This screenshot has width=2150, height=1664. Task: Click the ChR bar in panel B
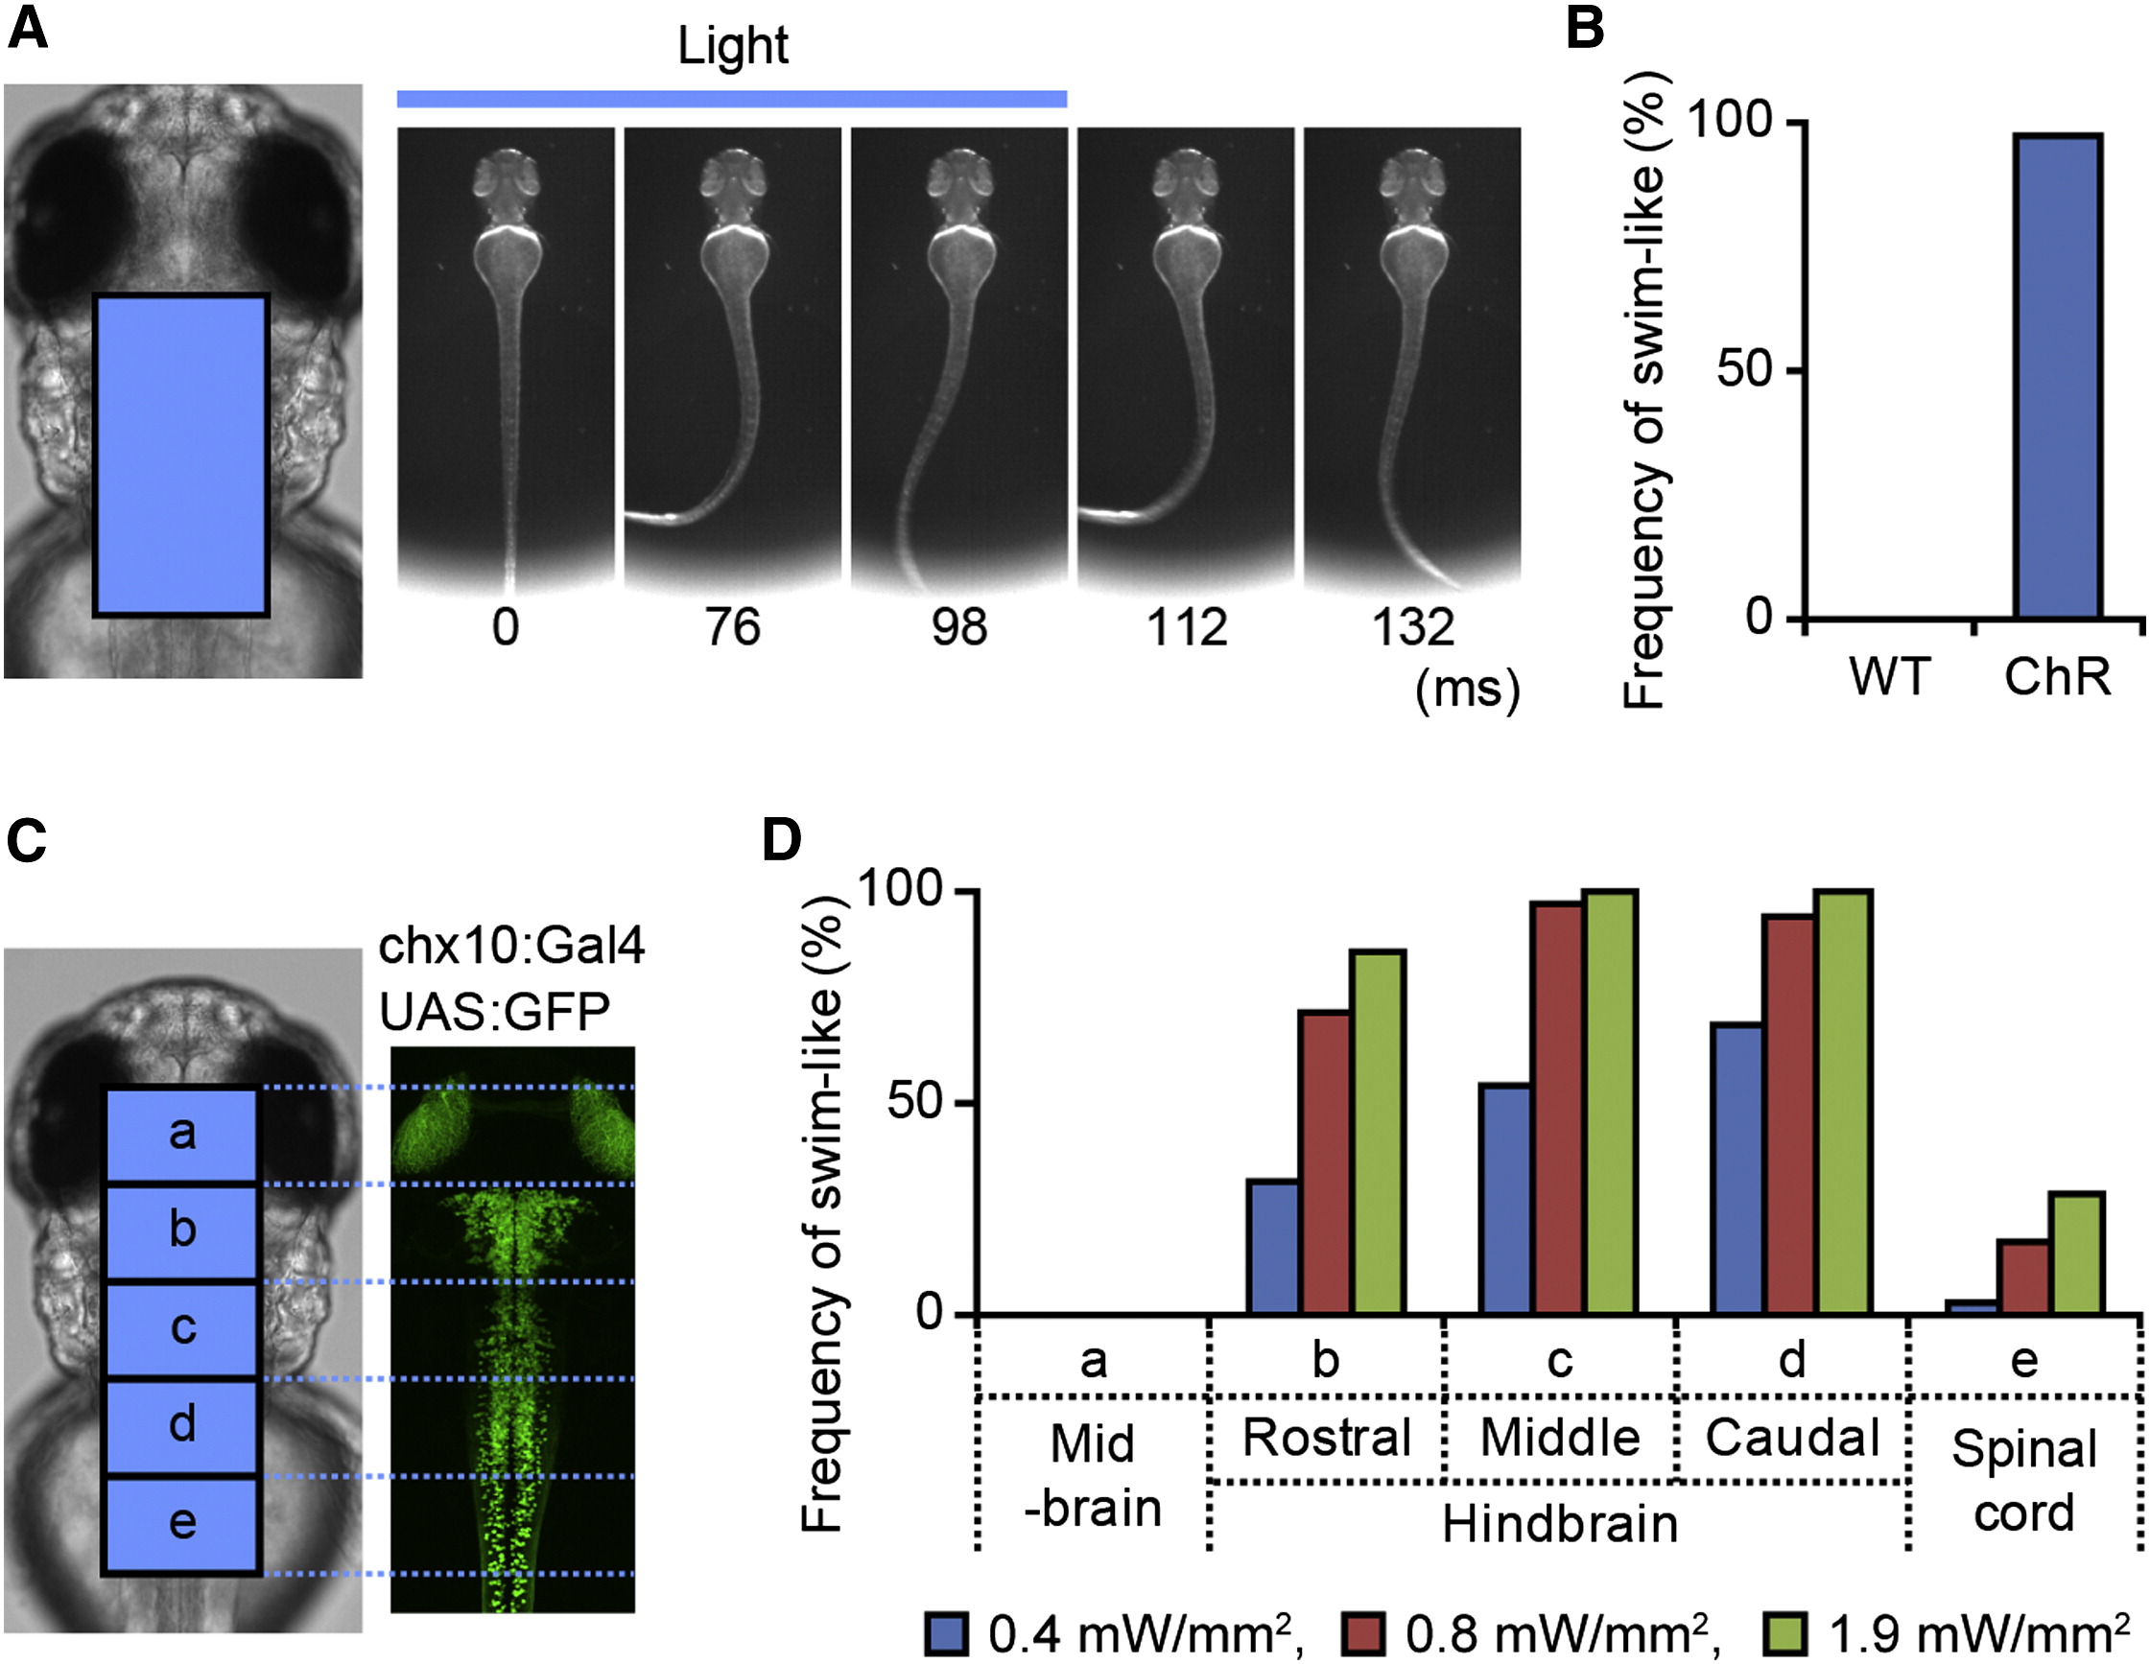2058,376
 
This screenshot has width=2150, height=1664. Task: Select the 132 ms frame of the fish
1412,359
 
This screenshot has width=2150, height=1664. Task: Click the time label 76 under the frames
732,628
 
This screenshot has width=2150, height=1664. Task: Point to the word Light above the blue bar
732,45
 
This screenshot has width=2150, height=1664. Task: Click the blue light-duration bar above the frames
732,99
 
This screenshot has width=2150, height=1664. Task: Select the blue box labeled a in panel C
181,1134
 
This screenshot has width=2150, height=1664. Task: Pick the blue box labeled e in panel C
181,1523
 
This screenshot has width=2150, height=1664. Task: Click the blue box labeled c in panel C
181,1328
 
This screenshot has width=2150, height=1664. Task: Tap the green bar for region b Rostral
1380,1132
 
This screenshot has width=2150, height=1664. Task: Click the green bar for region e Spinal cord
2077,1253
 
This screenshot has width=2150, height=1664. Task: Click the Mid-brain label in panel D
1093,1475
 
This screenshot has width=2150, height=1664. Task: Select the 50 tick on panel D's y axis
915,1102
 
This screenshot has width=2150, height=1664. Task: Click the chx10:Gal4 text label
512,946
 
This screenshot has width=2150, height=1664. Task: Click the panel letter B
1585,30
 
